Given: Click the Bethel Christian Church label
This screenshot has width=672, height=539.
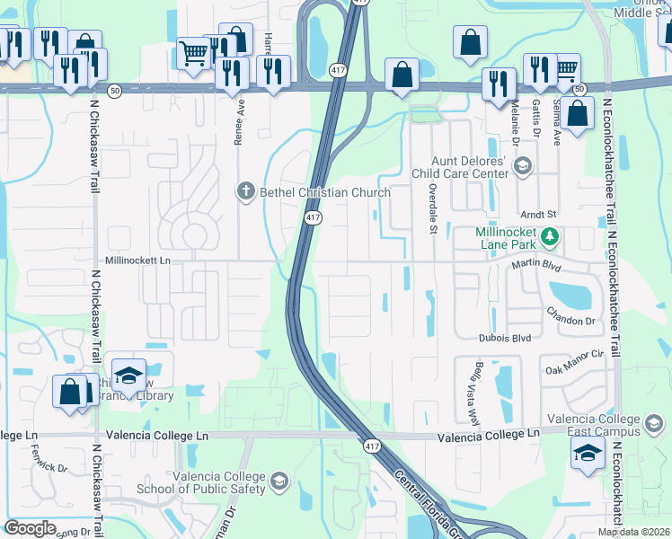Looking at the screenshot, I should click(325, 192).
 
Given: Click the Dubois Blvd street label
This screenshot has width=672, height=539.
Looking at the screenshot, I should click(504, 338).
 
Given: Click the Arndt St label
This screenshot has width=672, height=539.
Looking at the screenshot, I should click(540, 215).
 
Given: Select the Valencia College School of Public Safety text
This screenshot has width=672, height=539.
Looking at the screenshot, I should click(201, 482).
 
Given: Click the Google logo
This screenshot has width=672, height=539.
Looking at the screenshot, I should click(30, 527).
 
